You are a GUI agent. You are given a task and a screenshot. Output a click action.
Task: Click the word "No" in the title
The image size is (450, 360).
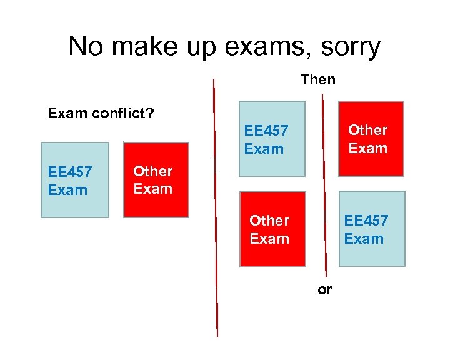coord(85,47)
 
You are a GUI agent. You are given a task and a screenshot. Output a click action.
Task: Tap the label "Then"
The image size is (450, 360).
coord(318,79)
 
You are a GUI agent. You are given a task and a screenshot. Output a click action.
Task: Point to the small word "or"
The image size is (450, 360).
coord(325,290)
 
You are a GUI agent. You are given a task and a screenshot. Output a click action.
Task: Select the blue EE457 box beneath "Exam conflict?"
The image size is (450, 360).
coord(75,180)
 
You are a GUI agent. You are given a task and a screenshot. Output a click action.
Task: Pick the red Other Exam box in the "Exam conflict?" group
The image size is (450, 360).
coord(156,180)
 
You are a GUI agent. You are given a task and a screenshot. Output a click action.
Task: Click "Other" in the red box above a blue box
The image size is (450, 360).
coord(367,130)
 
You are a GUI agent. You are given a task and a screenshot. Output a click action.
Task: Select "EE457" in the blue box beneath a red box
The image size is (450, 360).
coord(366,221)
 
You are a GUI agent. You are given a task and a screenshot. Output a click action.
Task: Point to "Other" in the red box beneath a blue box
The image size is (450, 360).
coord(269,221)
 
